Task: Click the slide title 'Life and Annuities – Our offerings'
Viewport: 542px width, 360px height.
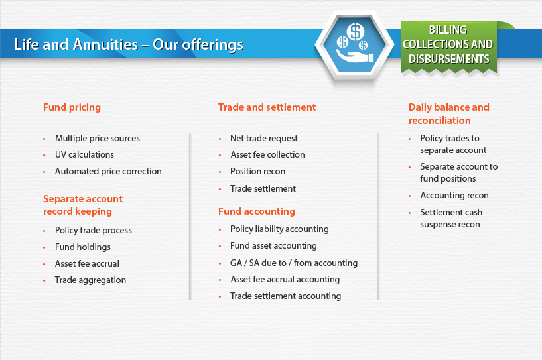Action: (129, 44)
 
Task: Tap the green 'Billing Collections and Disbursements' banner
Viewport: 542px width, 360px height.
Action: (448, 46)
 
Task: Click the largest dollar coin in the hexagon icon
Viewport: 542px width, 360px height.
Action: (356, 32)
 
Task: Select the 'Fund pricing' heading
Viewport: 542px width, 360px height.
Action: (72, 107)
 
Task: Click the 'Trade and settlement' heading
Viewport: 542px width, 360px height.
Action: (267, 107)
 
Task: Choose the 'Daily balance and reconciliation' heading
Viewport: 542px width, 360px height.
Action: (448, 113)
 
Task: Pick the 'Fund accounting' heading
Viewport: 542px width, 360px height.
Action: (257, 211)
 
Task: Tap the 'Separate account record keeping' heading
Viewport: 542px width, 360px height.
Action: (83, 205)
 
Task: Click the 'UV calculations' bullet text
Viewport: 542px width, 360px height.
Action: (84, 154)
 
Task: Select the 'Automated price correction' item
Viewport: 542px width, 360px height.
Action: (108, 171)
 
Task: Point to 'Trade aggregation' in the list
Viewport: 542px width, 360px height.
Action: (90, 280)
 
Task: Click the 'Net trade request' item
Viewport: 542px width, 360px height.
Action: (264, 138)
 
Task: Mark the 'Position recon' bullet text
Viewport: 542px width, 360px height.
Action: (257, 171)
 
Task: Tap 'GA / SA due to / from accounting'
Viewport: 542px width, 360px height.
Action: (294, 263)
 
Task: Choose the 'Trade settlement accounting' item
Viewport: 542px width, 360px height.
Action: (285, 296)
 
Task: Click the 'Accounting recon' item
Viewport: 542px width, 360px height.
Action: (454, 196)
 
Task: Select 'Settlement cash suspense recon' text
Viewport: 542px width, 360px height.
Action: (451, 218)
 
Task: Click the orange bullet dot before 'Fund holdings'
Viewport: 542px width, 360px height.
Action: (44, 247)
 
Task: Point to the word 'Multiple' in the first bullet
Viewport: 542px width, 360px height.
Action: (71, 138)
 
